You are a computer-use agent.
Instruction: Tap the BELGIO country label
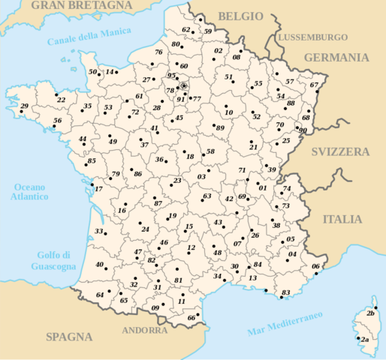click(x=240, y=16)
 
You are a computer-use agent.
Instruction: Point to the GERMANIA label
click(x=336, y=57)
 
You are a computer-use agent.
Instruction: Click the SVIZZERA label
click(x=342, y=151)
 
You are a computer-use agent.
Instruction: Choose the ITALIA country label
click(x=342, y=220)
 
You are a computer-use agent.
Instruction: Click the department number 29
click(x=25, y=108)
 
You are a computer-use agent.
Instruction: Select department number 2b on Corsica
click(x=369, y=313)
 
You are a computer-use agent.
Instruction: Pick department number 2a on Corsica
click(x=364, y=340)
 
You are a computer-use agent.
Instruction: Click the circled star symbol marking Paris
click(x=184, y=86)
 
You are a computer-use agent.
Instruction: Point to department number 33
click(x=98, y=232)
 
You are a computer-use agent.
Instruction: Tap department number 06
click(x=315, y=267)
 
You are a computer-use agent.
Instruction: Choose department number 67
click(x=314, y=85)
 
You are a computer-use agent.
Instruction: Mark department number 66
click(x=191, y=318)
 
